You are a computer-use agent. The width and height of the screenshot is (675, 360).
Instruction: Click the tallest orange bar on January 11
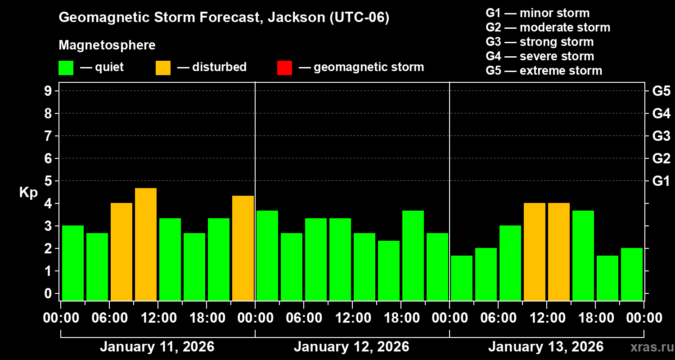click(146, 244)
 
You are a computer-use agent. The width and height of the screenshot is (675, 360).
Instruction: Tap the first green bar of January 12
click(267, 255)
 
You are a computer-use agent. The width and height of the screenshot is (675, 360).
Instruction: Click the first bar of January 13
click(462, 278)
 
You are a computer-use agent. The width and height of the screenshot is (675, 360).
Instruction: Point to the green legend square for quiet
click(66, 67)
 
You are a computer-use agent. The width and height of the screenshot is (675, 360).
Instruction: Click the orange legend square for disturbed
click(163, 67)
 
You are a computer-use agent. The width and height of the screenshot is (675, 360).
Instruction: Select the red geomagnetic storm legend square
click(285, 67)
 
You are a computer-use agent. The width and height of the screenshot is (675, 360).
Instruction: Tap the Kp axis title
click(28, 192)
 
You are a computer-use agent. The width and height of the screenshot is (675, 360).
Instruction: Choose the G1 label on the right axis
click(661, 181)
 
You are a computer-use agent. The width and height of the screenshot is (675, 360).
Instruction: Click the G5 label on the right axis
click(661, 91)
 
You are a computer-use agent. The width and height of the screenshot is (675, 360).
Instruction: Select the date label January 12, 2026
click(351, 347)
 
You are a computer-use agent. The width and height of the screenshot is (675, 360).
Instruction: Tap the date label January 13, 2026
click(546, 347)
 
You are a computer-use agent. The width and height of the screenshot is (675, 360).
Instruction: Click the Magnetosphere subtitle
click(107, 45)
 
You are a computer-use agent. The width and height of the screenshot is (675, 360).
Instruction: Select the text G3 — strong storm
click(540, 42)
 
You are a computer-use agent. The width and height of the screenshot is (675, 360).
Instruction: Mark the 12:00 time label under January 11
click(158, 318)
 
